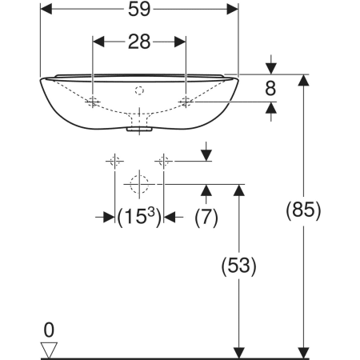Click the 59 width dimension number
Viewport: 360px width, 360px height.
pyautogui.click(x=139, y=10)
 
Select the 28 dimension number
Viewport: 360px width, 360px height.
pyautogui.click(x=139, y=42)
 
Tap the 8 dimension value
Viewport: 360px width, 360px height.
pyautogui.click(x=270, y=88)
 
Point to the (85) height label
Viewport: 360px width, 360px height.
pyautogui.click(x=303, y=210)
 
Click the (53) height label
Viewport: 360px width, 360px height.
pyautogui.click(x=238, y=266)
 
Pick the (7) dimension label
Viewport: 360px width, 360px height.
pyautogui.click(x=206, y=218)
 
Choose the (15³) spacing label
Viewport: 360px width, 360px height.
pyautogui.click(x=139, y=217)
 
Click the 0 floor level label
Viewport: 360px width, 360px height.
pyautogui.click(x=49, y=330)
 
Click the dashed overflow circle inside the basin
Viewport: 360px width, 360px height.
pyautogui.click(x=139, y=90)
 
